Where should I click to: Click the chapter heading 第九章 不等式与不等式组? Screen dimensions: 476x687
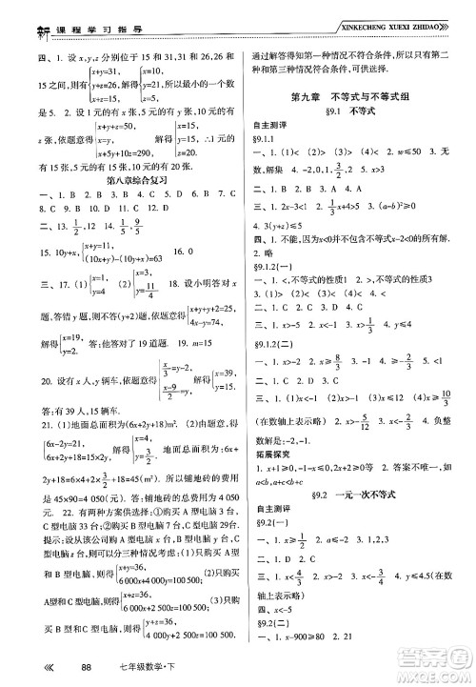pos(357,101)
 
